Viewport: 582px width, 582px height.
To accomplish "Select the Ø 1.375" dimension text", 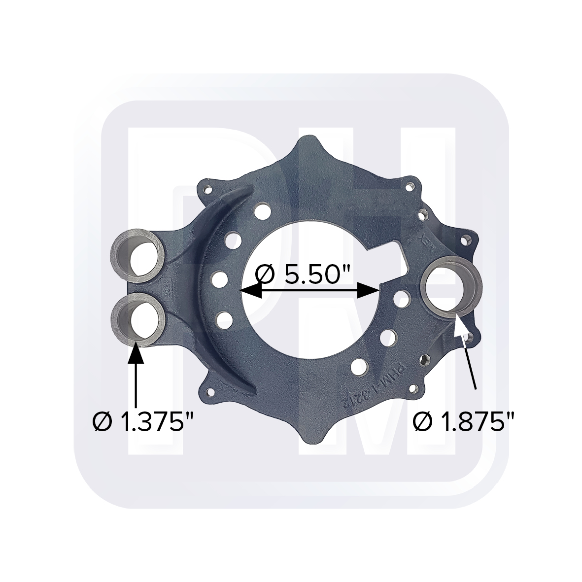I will tap(143, 422).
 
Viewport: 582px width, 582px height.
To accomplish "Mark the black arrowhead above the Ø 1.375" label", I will tap(136, 354).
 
